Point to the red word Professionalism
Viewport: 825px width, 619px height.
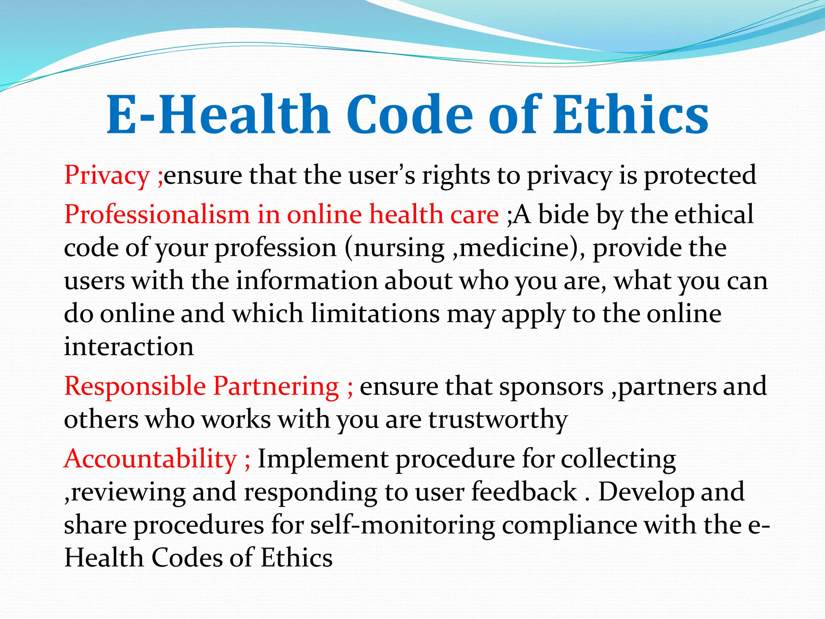point(157,214)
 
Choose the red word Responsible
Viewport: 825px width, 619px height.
point(135,386)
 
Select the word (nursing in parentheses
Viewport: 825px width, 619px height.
point(394,248)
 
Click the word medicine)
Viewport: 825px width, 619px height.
point(520,248)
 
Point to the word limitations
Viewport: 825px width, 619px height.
point(375,314)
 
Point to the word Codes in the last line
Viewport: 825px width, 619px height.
point(187,559)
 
